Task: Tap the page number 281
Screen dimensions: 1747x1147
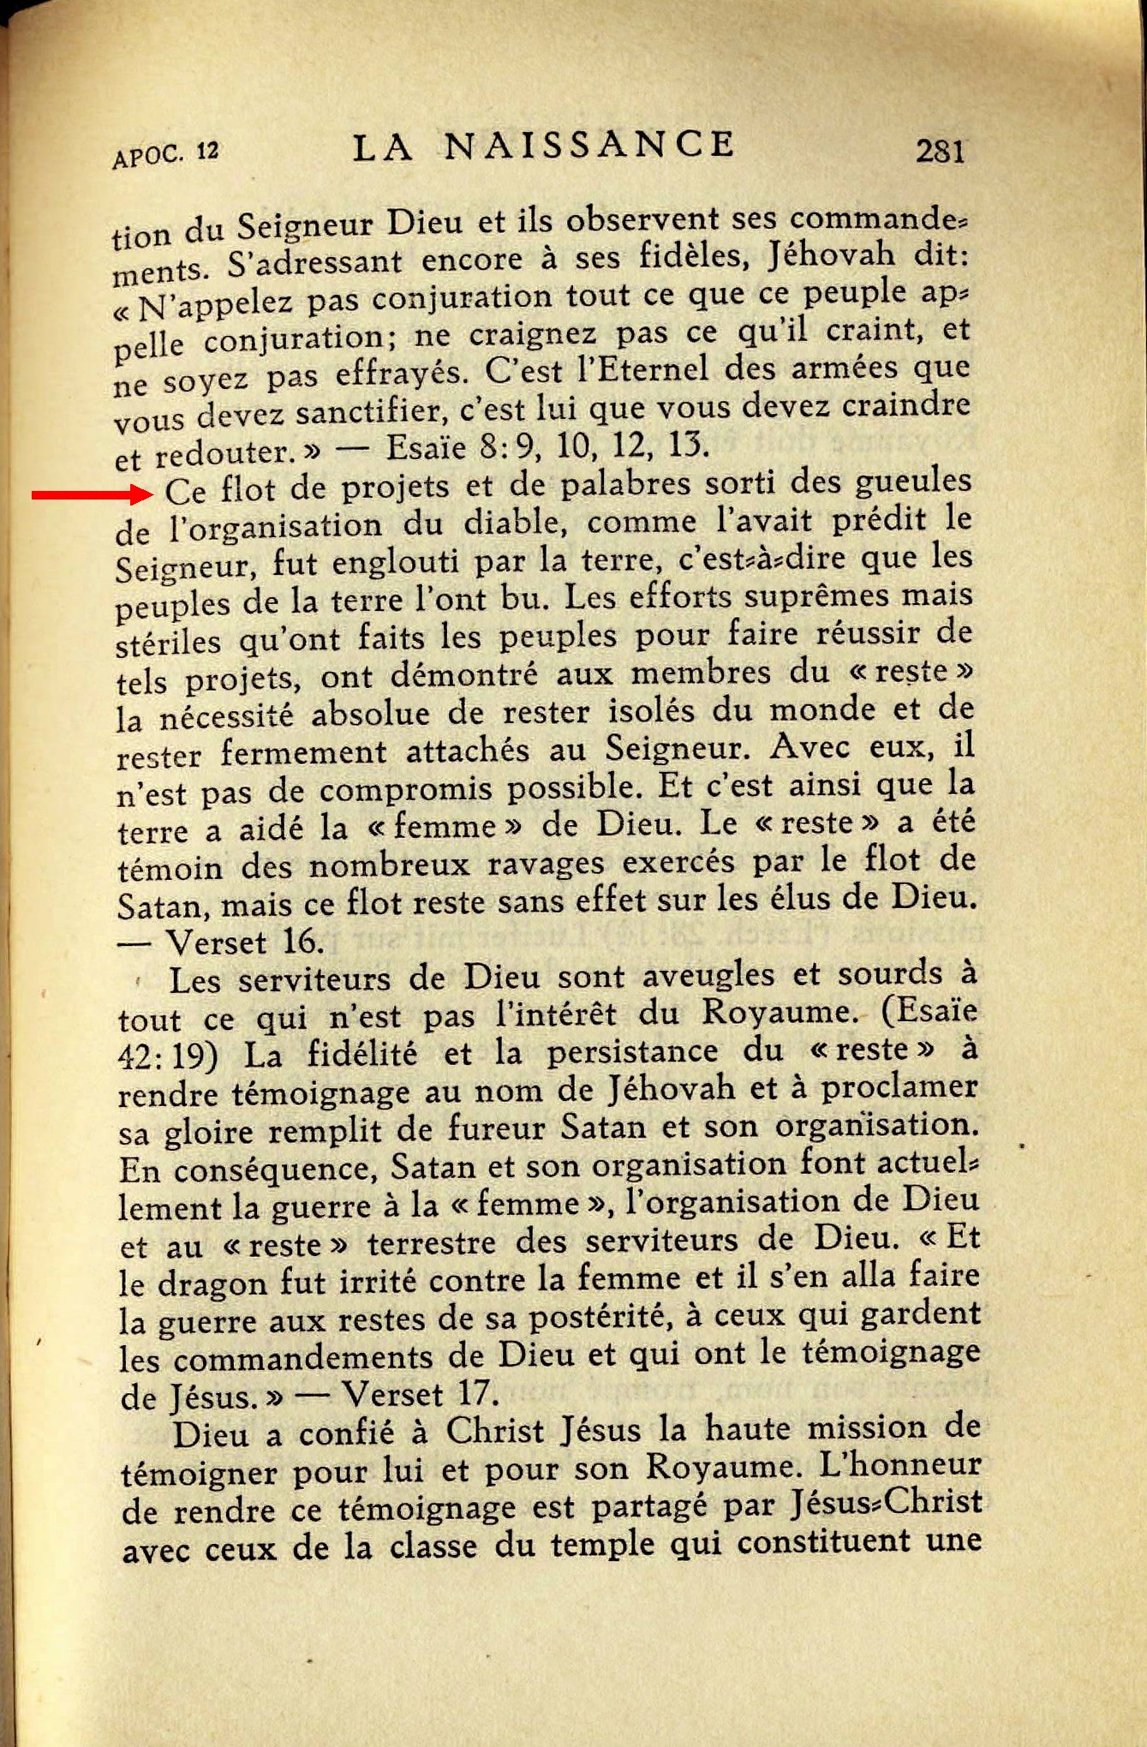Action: (940, 152)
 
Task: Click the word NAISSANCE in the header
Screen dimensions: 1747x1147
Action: (589, 146)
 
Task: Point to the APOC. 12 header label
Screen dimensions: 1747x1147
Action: (165, 154)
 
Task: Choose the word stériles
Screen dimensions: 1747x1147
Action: (170, 641)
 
